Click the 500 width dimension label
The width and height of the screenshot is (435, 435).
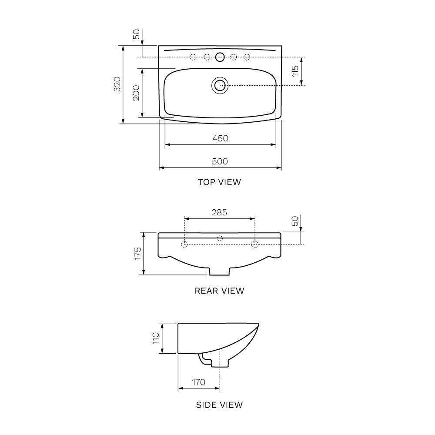(x=220, y=161)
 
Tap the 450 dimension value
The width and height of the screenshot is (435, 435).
(x=220, y=138)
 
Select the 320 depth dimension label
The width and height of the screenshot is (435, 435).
(x=117, y=84)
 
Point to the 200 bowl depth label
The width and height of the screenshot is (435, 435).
(x=136, y=93)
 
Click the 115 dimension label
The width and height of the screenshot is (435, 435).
(x=295, y=71)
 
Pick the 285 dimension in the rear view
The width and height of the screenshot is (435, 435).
(x=219, y=213)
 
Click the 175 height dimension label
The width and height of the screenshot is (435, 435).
(x=138, y=254)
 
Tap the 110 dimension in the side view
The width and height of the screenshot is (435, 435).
(x=156, y=338)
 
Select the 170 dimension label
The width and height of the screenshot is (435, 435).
(x=199, y=382)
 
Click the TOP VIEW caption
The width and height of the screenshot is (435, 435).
(x=219, y=182)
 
